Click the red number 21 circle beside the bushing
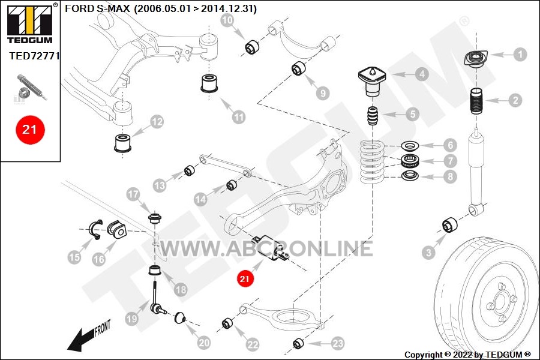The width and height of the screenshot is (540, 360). coord(245,278)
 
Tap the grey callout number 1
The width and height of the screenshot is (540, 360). coord(520,55)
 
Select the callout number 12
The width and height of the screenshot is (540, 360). coord(157,122)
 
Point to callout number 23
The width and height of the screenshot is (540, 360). coord(338,343)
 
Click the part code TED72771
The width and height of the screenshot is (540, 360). coord(34,56)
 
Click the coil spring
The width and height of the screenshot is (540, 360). coord(371,162)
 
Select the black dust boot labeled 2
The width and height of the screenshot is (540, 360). coord(476,101)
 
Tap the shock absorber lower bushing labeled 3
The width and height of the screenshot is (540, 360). coord(450,224)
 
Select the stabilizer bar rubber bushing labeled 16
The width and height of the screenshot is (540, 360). coord(116,230)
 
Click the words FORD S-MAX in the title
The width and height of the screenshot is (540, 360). coord(97,8)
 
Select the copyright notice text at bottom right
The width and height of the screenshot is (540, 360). coord(467,355)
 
